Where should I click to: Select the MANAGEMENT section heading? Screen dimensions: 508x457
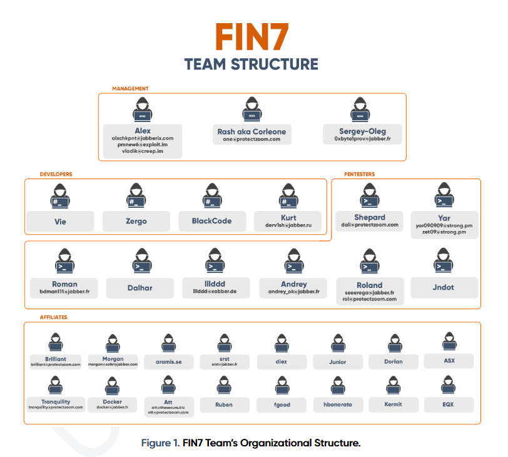pyautogui.click(x=130, y=89)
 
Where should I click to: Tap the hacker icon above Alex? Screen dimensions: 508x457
pyautogui.click(x=143, y=110)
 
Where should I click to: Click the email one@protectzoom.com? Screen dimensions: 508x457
pyautogui.click(x=251, y=140)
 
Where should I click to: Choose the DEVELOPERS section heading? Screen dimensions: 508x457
pyautogui.click(x=56, y=175)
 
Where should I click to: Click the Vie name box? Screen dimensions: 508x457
pyautogui.click(x=60, y=221)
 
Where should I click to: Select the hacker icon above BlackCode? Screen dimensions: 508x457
pyautogui.click(x=212, y=195)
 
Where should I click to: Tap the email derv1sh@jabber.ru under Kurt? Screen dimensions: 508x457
pyautogui.click(x=288, y=224)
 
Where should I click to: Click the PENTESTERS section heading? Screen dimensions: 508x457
pyautogui.click(x=360, y=175)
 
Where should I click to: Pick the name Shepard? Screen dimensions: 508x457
pyautogui.click(x=370, y=217)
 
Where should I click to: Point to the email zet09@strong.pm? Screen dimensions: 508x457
pyautogui.click(x=444, y=232)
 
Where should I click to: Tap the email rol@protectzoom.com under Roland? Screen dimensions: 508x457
pyautogui.click(x=370, y=299)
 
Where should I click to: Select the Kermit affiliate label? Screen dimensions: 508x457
pyautogui.click(x=393, y=404)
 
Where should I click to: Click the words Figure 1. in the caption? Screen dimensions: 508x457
pyautogui.click(x=161, y=443)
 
